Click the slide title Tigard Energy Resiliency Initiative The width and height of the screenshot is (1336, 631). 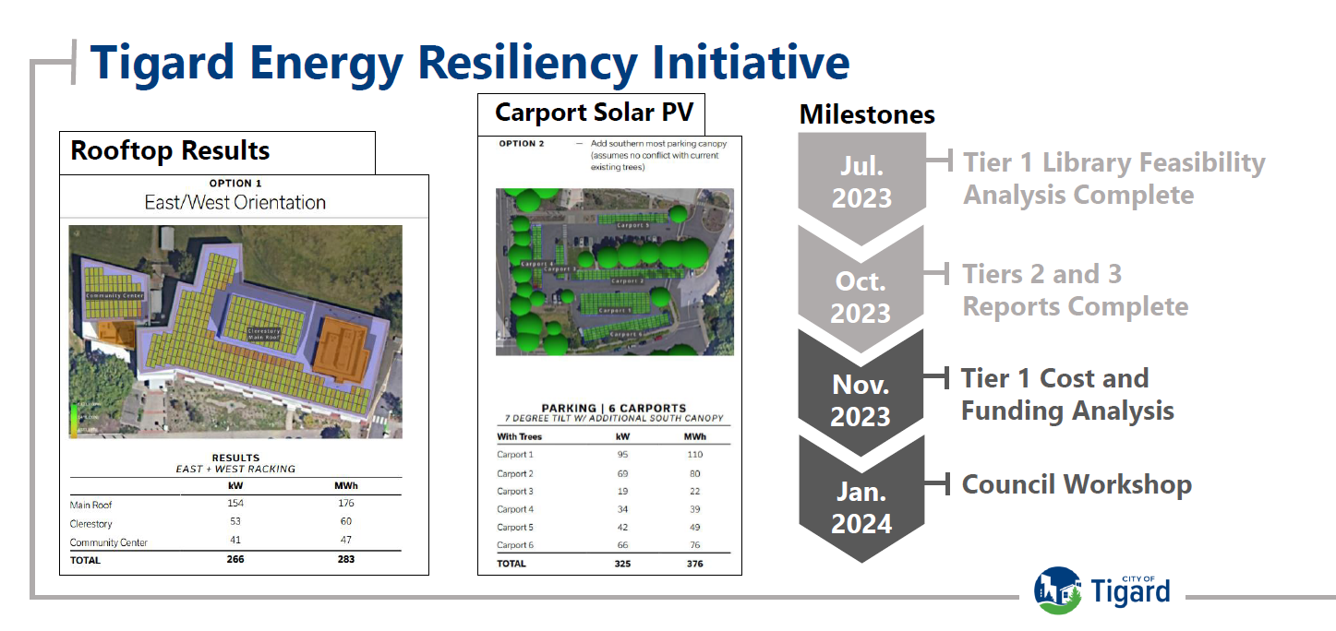(x=469, y=63)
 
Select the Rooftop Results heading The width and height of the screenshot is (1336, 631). (x=171, y=151)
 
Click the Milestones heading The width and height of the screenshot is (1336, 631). (x=866, y=114)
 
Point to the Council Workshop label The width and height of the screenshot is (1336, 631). (x=1077, y=484)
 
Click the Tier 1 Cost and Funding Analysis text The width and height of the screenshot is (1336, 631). (x=1067, y=394)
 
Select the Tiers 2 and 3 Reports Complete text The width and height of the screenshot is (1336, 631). (x=1075, y=290)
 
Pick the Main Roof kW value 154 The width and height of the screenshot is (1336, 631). (x=235, y=504)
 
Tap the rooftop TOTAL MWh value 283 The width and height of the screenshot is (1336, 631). (x=345, y=559)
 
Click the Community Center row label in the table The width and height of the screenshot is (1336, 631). (x=108, y=542)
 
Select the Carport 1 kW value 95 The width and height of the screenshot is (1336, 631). (x=622, y=454)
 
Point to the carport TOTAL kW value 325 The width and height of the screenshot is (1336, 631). (x=622, y=563)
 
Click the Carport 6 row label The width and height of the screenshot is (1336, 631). (x=515, y=545)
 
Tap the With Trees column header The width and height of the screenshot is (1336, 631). (x=520, y=436)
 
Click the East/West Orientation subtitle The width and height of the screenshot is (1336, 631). (x=235, y=202)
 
